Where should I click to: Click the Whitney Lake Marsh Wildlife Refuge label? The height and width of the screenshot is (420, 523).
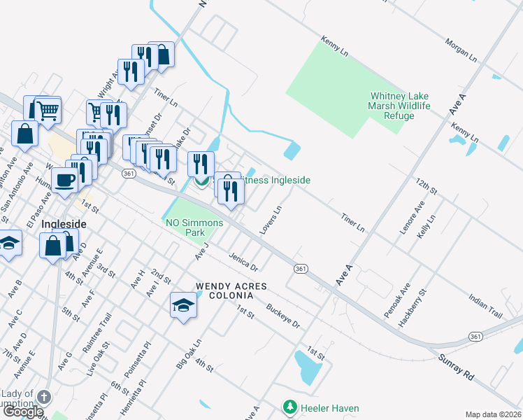click(x=398, y=106)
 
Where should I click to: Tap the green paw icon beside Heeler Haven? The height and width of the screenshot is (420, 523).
click(x=288, y=407)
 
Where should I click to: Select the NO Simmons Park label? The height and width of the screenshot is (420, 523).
click(x=194, y=227)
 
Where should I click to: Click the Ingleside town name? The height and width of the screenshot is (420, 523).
click(x=64, y=224)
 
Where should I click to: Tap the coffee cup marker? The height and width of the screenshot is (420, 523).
click(x=65, y=180)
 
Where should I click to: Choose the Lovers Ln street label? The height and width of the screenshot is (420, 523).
click(x=270, y=220)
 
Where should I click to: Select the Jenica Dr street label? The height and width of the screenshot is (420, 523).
click(x=243, y=262)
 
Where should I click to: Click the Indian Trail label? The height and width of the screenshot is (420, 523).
click(x=486, y=306)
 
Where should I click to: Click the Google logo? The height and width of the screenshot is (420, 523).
click(x=24, y=412)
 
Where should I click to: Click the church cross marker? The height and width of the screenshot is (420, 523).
click(x=43, y=397)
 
